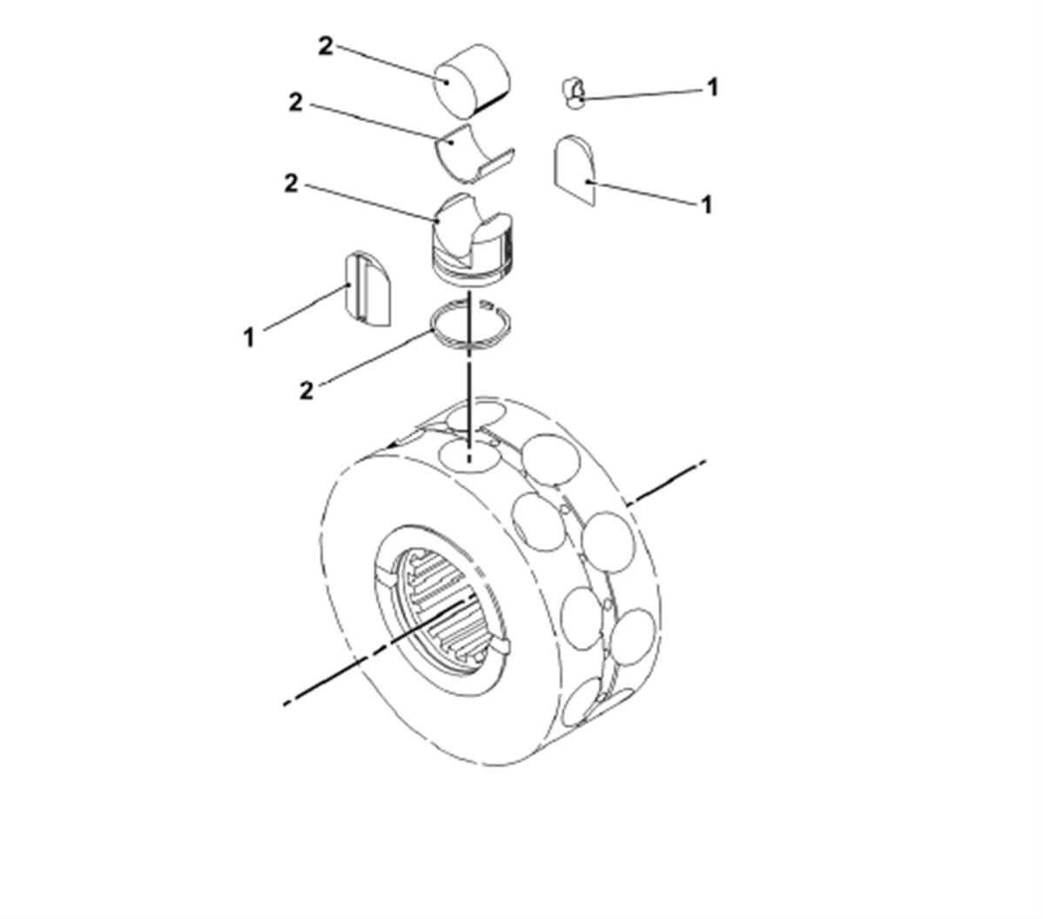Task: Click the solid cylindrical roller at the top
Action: pyautogui.click(x=472, y=80)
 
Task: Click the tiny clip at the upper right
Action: pyautogui.click(x=573, y=91)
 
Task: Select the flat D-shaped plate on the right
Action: pyautogui.click(x=575, y=171)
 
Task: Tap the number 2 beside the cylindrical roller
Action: pyautogui.click(x=326, y=46)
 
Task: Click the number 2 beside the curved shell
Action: pyautogui.click(x=295, y=103)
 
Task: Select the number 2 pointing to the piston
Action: pyautogui.click(x=291, y=184)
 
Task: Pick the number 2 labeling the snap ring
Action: pyautogui.click(x=306, y=390)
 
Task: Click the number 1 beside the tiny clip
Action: pyautogui.click(x=712, y=87)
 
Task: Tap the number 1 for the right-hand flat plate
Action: pyautogui.click(x=706, y=205)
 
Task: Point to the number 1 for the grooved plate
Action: pyautogui.click(x=249, y=337)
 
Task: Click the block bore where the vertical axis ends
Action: pyautogui.click(x=469, y=456)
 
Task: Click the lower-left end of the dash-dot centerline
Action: pyautogui.click(x=286, y=703)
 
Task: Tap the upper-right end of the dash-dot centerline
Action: pyautogui.click(x=703, y=461)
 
